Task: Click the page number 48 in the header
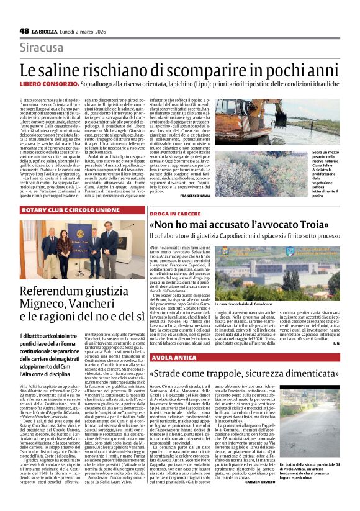pyautogui.click(x=24, y=30)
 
